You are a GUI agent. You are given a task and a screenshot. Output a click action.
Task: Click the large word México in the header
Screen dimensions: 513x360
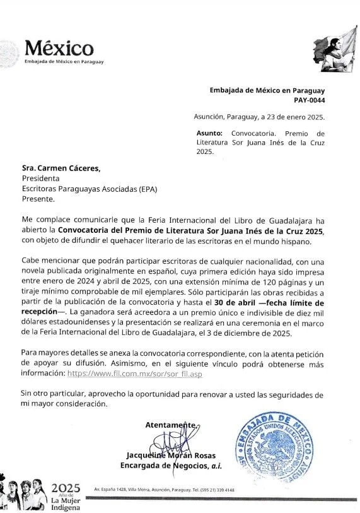[60, 47]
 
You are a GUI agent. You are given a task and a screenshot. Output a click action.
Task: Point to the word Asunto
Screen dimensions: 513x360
[210, 134]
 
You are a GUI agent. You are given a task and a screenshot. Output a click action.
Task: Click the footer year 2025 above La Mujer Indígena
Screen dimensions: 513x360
[66, 488]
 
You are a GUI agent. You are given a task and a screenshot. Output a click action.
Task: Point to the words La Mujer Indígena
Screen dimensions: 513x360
[66, 503]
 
